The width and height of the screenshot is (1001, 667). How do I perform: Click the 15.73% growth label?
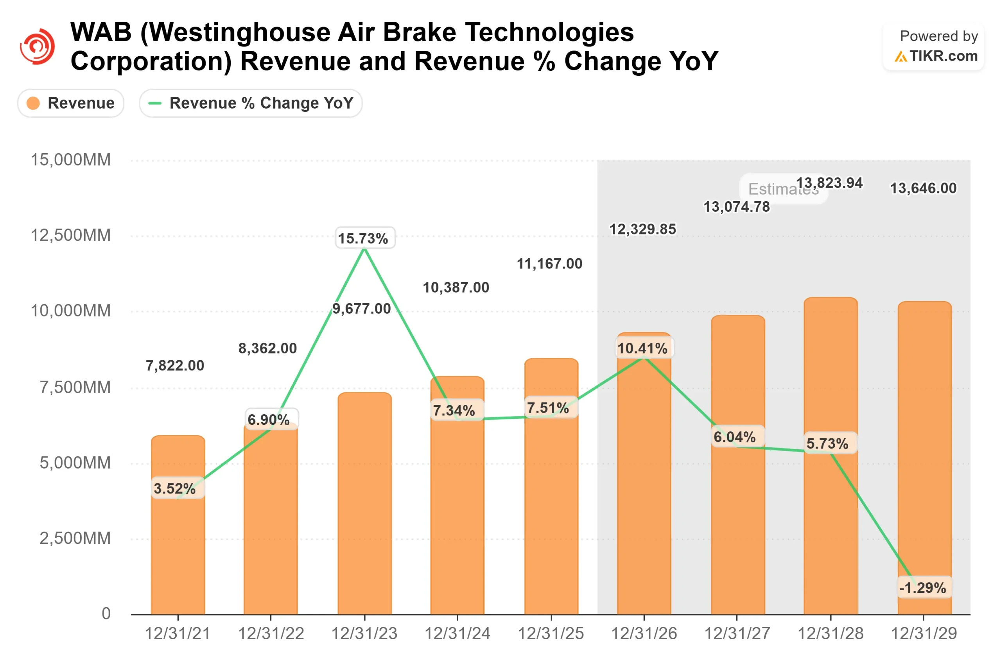point(365,238)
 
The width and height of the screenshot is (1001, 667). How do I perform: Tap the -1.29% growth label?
point(924,588)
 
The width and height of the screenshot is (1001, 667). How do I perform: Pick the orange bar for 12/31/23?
point(365,510)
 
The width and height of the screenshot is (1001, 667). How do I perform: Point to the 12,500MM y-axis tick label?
point(71,235)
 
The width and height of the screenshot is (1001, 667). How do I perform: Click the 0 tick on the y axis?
point(106,613)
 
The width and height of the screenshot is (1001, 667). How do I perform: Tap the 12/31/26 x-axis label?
point(644,634)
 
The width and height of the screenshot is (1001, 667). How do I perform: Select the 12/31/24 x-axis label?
point(457,634)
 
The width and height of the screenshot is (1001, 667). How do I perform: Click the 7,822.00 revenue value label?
point(175,365)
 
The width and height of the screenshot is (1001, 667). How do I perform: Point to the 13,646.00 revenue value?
point(923,188)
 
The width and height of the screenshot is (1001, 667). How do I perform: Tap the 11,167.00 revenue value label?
point(549,264)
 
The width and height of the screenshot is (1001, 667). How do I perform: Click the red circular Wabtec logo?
point(38,46)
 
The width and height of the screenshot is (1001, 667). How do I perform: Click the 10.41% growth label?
point(643,349)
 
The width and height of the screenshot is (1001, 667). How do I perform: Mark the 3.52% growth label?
point(175,488)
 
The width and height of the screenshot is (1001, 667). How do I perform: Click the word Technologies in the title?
point(549,32)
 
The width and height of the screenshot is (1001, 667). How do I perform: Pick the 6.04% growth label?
point(735,437)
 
